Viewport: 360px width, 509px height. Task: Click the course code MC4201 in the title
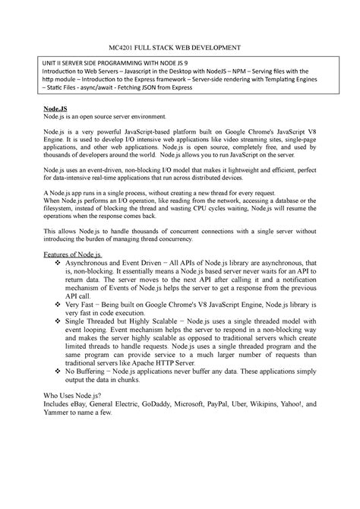coord(123,47)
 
